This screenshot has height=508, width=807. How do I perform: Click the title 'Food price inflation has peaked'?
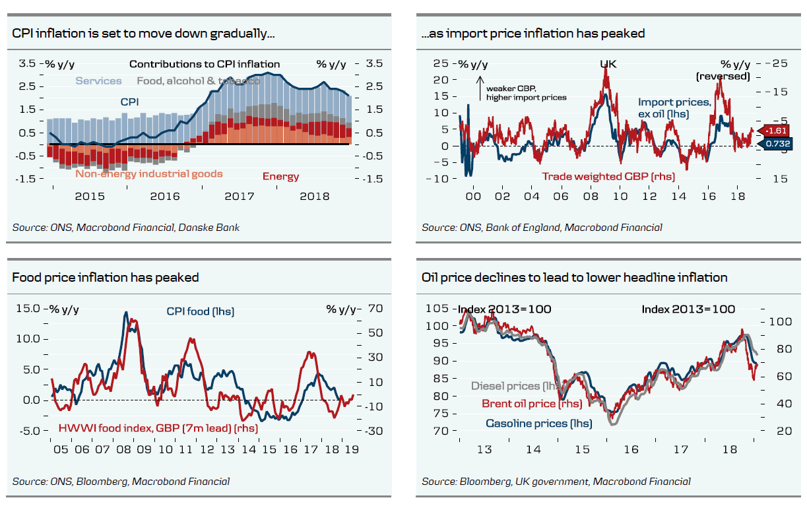click(x=106, y=278)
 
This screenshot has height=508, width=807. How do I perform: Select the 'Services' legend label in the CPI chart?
click(x=98, y=80)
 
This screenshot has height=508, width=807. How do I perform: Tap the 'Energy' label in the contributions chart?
click(x=280, y=176)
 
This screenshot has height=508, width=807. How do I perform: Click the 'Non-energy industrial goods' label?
click(x=148, y=174)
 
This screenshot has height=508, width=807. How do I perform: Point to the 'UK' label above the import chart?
click(x=608, y=64)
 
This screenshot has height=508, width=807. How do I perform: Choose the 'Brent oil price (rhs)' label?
click(x=532, y=404)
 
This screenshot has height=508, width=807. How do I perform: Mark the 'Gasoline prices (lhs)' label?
click(x=538, y=423)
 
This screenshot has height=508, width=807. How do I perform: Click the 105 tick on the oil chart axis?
click(x=437, y=309)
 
